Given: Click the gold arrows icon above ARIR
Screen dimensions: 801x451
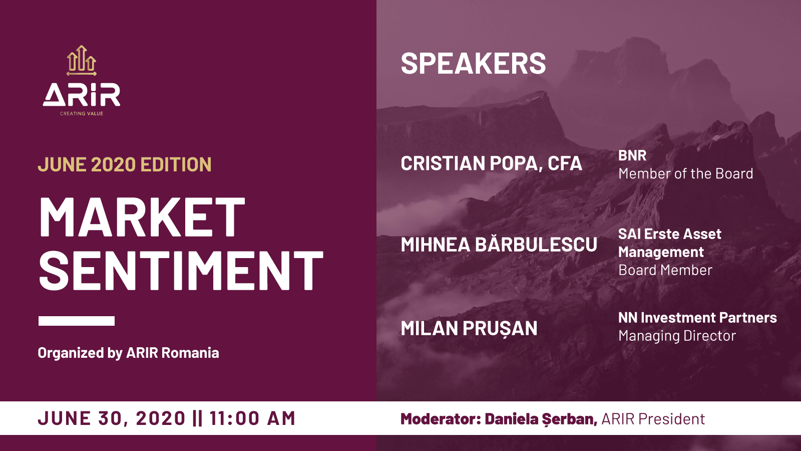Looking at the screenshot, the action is pos(82,61).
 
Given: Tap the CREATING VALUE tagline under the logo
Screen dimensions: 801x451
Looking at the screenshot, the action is pos(82,113).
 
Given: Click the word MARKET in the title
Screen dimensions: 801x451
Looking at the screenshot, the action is pos(142,217).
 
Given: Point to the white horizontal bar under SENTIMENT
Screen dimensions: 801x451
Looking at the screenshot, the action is pos(77,321).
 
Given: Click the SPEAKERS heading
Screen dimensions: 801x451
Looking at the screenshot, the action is pos(473,63).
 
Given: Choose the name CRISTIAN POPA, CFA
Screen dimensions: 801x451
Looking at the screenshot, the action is pos(491,163).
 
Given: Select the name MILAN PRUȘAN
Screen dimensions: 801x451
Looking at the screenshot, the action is pos(469,328).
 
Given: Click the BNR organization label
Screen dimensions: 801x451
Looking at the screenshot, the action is pos(632,155).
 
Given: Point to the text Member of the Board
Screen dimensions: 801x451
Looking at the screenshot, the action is pos(685,173).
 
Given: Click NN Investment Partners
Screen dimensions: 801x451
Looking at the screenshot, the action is pos(697,318).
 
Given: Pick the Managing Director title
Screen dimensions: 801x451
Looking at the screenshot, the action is pos(677,336).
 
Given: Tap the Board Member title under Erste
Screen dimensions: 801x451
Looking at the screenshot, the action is pos(665,270).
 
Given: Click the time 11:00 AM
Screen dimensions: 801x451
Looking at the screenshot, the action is pos(252,418).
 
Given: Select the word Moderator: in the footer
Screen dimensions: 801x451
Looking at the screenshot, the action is pos(441,419).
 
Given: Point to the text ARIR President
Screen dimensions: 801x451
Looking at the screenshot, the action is pos(653,419).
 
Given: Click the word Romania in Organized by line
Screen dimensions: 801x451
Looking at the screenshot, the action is pos(190,353).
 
